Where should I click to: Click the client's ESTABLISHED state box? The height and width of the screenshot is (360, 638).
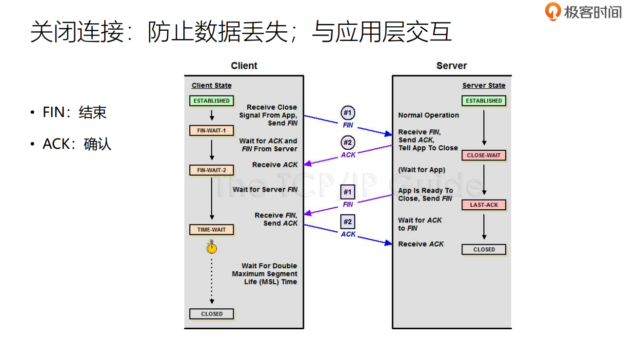(x=211, y=101)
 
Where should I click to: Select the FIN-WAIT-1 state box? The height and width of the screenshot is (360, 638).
(x=211, y=131)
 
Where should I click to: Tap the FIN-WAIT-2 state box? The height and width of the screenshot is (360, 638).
(x=211, y=170)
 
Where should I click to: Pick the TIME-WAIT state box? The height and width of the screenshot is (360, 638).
(x=211, y=230)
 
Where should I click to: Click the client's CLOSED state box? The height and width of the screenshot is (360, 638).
(x=211, y=314)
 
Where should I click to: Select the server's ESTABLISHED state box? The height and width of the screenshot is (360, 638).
(x=483, y=101)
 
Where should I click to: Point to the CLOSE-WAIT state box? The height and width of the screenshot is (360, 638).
(x=483, y=156)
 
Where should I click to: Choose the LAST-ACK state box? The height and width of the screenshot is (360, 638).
(x=483, y=205)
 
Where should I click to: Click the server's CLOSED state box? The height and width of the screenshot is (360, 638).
(x=483, y=249)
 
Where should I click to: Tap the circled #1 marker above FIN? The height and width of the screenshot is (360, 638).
(x=347, y=113)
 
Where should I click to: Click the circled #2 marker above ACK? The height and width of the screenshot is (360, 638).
(x=347, y=143)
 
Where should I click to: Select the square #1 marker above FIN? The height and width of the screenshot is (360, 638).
(x=347, y=192)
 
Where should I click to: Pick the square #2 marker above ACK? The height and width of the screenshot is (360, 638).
(x=347, y=222)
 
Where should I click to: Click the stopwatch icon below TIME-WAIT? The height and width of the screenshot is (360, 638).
(x=211, y=247)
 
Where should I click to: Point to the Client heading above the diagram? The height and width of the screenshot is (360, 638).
(x=244, y=66)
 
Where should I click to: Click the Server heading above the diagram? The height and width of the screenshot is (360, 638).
(x=451, y=66)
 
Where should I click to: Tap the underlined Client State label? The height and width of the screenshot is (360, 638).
(x=211, y=85)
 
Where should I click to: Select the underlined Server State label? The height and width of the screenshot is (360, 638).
(x=483, y=85)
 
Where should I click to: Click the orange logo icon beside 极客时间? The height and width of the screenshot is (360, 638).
(x=553, y=11)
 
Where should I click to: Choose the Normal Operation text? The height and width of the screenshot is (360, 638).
(x=428, y=115)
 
